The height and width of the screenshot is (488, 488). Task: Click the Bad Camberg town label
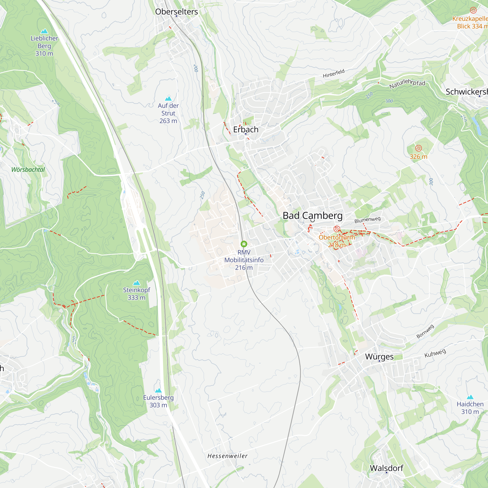pos(313,216)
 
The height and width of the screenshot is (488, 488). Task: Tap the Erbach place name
pos(245,130)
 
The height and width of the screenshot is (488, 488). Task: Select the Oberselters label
pos(176,12)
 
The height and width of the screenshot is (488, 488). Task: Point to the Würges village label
pos(379,357)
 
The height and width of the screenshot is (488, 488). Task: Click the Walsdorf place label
pos(386,468)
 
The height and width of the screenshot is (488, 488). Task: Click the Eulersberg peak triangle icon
pos(158,390)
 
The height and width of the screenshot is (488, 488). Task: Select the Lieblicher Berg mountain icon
pos(44,31)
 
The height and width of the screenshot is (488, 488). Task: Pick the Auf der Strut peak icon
pos(168,98)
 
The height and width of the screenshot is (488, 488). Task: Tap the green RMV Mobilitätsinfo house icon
pos(244,244)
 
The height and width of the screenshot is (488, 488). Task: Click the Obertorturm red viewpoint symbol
pos(336,229)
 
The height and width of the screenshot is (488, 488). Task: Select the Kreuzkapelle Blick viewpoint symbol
pos(473,10)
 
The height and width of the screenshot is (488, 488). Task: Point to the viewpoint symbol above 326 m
pos(418,148)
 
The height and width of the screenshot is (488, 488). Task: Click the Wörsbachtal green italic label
pos(28,170)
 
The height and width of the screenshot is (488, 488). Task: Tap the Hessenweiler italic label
pos(227,456)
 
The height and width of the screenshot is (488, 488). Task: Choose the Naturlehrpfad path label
pos(407,83)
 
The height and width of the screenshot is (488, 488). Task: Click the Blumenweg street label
pos(367,220)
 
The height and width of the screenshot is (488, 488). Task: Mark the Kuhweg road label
pos(435,353)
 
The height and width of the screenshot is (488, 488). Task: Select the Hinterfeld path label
pos(333,73)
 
